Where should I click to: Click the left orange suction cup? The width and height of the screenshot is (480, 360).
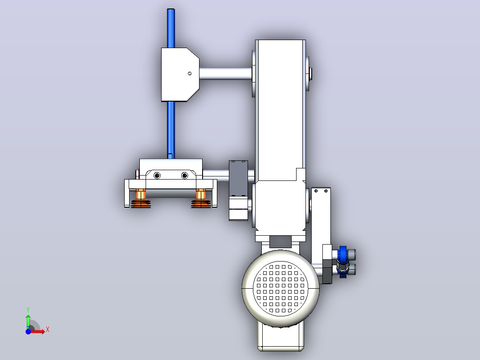tap(141, 199)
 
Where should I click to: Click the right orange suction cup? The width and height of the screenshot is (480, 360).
tap(201, 199)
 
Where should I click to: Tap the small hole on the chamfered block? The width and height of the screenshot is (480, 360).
tap(190, 74)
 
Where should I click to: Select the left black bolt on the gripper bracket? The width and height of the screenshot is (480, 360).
tap(157, 176)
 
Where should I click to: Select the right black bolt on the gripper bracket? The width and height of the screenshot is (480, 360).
tap(185, 176)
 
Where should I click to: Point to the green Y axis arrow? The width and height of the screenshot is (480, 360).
tap(28, 321)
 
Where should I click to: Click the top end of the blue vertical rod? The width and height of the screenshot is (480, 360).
tap(171, 9)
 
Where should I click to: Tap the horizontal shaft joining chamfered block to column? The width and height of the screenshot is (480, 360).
tap(226, 74)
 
